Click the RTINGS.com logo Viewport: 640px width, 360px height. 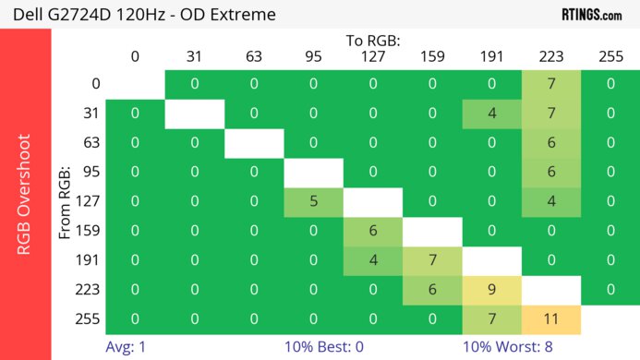tap(591, 14)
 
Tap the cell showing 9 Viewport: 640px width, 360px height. tap(491, 289)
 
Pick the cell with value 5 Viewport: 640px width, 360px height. tap(313, 201)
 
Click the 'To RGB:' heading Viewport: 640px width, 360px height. tap(373, 41)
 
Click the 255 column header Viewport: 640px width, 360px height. tap(610, 57)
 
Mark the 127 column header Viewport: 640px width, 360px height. tap(373, 57)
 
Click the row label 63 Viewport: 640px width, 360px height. tap(90, 142)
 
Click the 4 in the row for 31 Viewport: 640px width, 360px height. tap(491, 114)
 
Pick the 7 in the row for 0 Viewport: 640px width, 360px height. tap(551, 84)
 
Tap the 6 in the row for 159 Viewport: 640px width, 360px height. tap(373, 231)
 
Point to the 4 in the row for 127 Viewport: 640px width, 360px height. tap(551, 201)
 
